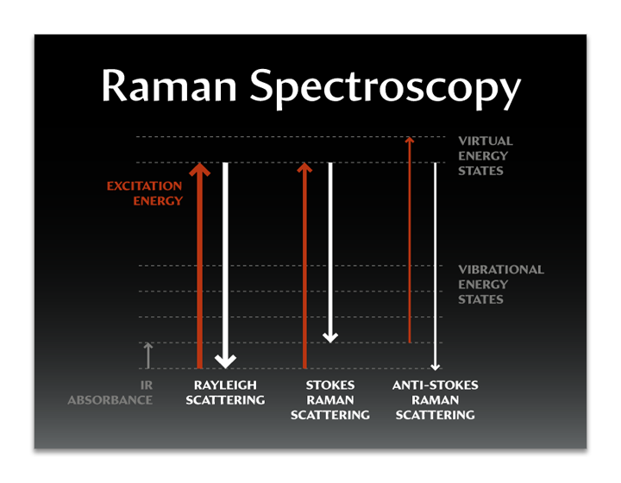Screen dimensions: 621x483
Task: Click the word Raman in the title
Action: click(169, 86)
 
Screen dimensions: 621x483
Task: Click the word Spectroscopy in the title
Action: click(385, 89)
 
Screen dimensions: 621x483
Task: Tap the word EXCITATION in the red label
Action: click(145, 186)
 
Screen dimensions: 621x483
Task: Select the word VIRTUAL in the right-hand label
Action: click(486, 141)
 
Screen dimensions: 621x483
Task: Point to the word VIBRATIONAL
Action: click(501, 270)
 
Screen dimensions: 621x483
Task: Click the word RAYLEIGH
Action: click(225, 386)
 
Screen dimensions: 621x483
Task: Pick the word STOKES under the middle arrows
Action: click(330, 386)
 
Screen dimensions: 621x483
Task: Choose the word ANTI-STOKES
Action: click(436, 386)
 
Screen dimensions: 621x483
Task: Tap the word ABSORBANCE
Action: click(110, 400)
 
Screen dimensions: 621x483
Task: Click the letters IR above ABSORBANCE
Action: click(147, 386)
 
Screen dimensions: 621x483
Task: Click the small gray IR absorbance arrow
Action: click(148, 355)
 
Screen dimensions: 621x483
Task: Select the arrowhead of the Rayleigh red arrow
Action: click(199, 169)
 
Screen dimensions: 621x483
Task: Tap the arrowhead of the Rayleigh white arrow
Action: click(225, 361)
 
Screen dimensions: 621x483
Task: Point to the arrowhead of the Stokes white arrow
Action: click(330, 337)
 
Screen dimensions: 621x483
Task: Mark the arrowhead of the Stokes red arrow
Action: click(304, 168)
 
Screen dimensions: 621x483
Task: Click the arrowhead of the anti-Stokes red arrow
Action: click(410, 140)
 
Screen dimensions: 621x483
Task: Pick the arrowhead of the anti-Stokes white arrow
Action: click(436, 367)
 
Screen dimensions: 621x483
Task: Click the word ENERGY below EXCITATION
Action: click(158, 201)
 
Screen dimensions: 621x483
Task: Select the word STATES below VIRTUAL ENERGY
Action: click(480, 171)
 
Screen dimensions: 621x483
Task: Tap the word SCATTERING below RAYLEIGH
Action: click(225, 400)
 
